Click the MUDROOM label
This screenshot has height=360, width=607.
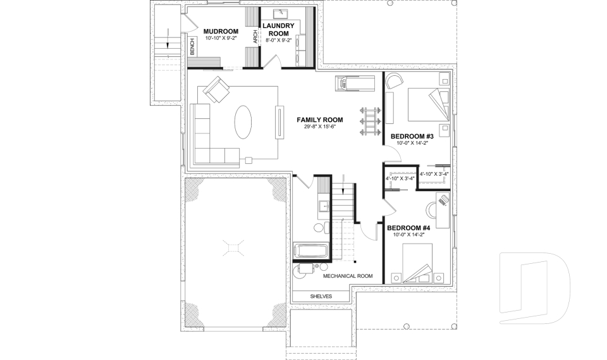(x=221, y=31)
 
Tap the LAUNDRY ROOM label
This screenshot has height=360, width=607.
(x=278, y=29)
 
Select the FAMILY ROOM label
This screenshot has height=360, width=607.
(x=320, y=120)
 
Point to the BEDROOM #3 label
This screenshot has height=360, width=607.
(x=411, y=136)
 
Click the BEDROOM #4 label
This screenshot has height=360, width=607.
(x=408, y=228)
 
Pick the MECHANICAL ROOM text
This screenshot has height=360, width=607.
(x=347, y=276)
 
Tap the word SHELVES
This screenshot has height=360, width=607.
(x=321, y=296)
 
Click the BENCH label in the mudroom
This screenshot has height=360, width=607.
(x=192, y=47)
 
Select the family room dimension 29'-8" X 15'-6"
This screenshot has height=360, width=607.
(x=320, y=127)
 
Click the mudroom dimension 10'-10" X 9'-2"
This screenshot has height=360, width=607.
(x=221, y=39)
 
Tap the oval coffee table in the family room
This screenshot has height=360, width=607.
(x=243, y=121)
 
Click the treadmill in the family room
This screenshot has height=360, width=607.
(x=357, y=82)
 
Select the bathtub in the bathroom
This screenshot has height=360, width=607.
(x=310, y=251)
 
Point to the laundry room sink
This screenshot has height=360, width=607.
(x=279, y=13)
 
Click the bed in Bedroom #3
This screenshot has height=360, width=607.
(x=427, y=104)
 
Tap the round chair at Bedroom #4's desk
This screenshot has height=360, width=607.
(x=431, y=208)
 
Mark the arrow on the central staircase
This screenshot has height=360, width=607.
(x=343, y=188)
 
